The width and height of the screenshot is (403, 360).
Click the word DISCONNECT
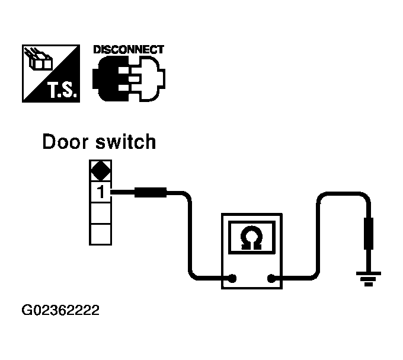tap(129, 50)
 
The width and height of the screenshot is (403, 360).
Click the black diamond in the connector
tap(100, 171)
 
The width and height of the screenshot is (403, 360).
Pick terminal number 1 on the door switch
tap(100, 192)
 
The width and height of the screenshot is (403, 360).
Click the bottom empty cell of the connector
tap(100, 234)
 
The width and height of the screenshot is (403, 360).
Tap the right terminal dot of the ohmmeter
tap(272, 278)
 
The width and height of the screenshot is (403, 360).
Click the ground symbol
tap(369, 277)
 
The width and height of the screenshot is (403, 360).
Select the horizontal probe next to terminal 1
tap(152, 192)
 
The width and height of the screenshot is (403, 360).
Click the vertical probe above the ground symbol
tap(369, 232)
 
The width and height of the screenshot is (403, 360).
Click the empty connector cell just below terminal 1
tap(100, 212)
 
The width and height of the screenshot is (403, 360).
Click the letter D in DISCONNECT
tap(97, 50)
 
